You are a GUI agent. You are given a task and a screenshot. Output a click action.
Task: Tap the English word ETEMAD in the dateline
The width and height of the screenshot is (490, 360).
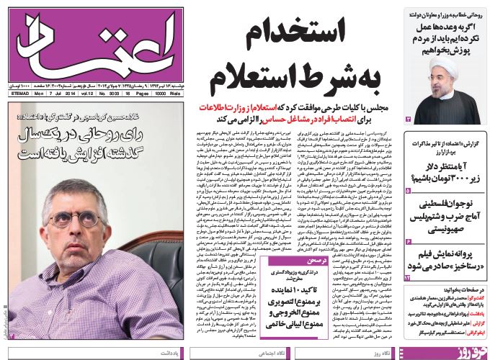[23, 94]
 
